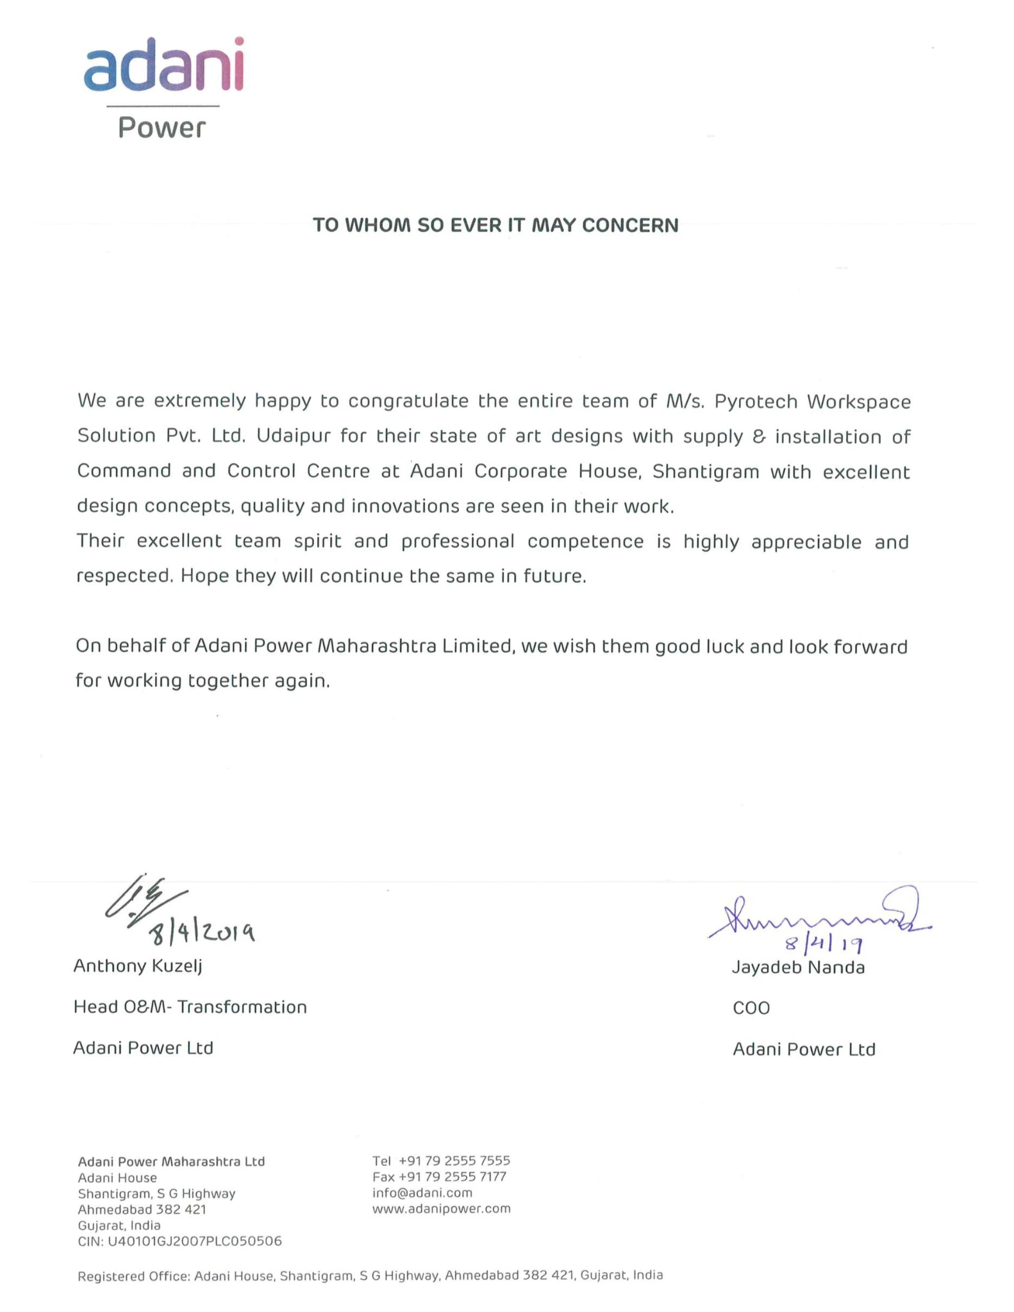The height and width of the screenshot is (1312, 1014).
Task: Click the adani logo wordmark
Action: (x=163, y=65)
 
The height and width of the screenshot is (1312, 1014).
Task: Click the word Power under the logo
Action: (x=162, y=128)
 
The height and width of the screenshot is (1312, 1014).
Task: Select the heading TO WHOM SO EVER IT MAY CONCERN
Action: (x=495, y=225)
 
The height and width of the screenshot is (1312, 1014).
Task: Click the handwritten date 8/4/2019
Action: (x=202, y=933)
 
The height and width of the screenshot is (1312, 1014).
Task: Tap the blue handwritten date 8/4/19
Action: (x=823, y=944)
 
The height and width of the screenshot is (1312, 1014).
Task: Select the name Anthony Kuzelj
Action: (x=138, y=965)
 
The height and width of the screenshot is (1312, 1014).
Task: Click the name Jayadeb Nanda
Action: (x=798, y=967)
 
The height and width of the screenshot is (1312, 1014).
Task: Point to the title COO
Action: (x=751, y=1008)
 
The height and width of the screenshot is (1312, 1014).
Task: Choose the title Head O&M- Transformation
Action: (x=190, y=1007)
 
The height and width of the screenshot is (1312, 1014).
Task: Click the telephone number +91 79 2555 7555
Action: (x=454, y=1161)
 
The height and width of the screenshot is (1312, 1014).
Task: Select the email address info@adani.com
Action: (x=422, y=1193)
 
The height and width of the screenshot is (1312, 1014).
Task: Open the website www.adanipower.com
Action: (x=441, y=1209)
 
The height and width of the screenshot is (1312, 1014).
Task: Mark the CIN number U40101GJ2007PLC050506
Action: (x=194, y=1242)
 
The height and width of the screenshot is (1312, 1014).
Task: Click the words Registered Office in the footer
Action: (x=133, y=1275)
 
